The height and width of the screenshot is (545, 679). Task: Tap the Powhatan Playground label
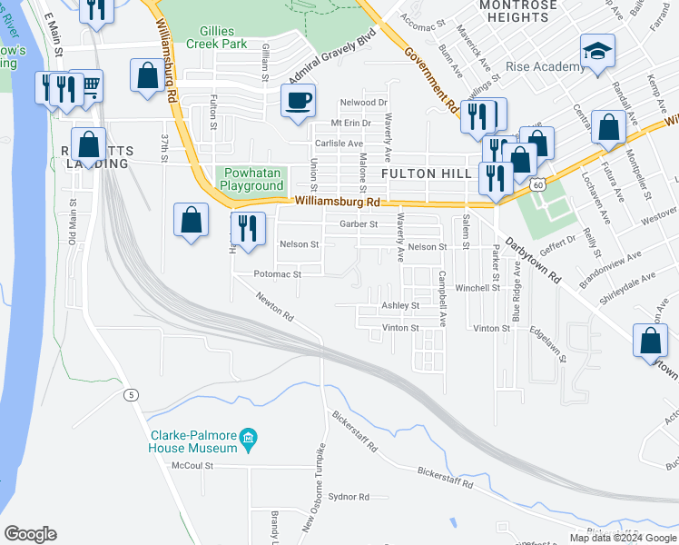pos(252,178)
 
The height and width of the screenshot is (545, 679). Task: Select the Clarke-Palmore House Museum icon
pos(248,441)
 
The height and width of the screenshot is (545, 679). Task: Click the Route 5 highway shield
pos(133,394)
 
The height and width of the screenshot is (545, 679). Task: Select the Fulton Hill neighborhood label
pos(426,173)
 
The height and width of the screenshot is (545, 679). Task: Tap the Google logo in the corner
pos(30,534)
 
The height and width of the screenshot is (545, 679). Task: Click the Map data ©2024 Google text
pos(623,538)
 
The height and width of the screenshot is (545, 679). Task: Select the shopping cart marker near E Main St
pos(88,86)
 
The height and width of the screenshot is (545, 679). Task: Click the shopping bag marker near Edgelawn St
pos(650,342)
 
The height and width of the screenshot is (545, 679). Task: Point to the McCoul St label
pos(192,465)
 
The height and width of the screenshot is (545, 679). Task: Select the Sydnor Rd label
pos(349,497)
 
